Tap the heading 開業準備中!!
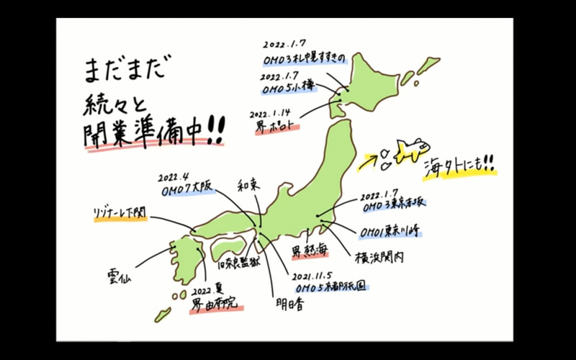pyautogui.click(x=153, y=133)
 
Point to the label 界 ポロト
pyautogui.click(x=274, y=123)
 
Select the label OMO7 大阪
pyautogui.click(x=188, y=187)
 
